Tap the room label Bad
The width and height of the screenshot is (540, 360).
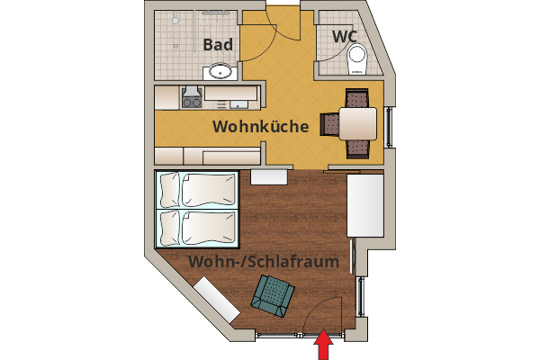pos(219,45)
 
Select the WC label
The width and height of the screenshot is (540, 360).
pos(345,36)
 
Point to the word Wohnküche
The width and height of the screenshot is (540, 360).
pos(261,127)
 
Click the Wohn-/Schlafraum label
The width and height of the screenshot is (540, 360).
pos(264,262)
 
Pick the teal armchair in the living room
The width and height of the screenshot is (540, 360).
pos(274,295)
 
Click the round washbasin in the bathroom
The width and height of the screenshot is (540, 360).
pos(220,71)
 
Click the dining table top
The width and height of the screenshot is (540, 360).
pos(357,123)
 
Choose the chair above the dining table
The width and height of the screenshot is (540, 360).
pos(357,98)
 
